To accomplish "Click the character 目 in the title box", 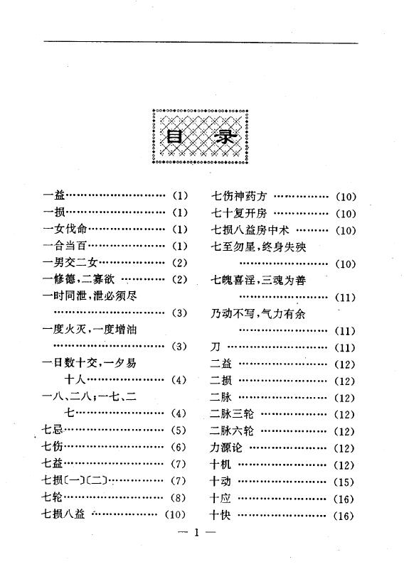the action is click(174, 137).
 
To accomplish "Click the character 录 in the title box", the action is click(225, 137).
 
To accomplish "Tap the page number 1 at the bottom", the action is click(196, 532).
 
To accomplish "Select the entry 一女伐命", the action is click(65, 229).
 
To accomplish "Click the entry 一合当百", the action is click(65, 246).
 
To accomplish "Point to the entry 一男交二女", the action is click(70, 262).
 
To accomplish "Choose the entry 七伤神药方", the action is click(239, 196).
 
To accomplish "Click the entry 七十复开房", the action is click(239, 213).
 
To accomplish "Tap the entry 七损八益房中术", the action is click(250, 229).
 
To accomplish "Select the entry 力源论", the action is click(226, 448).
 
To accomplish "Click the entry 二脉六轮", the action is click(232, 430).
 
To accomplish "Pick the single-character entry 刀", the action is click(216, 347).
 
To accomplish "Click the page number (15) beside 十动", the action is click(344, 482).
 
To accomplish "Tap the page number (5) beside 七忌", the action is click(179, 430).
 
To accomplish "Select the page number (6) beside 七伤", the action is click(179, 447).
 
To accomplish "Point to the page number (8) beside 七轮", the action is click(178, 497).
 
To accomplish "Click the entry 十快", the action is click(220, 515).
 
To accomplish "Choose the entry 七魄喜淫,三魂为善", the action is click(258, 280).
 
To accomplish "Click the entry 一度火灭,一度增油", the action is click(90, 330).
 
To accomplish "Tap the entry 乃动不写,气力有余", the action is click(258, 313).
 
